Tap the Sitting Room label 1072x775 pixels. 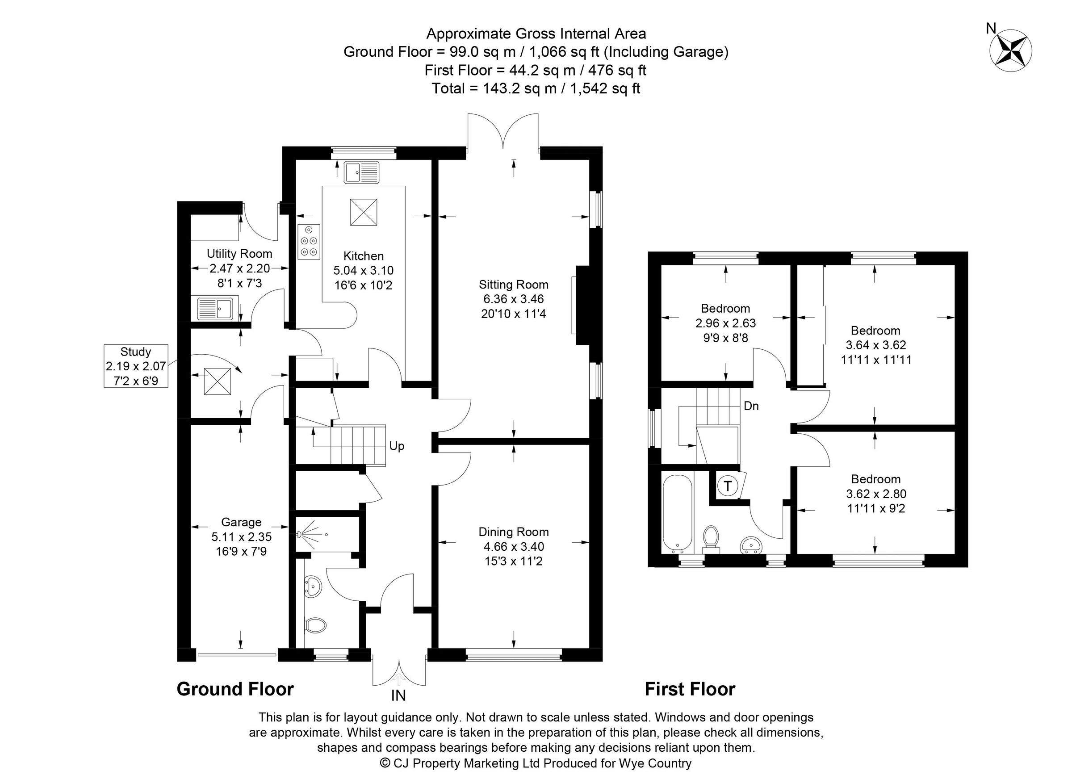point(513,285)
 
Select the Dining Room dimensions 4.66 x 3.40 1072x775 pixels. point(513,547)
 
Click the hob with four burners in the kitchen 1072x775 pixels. point(309,242)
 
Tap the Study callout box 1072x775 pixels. point(136,366)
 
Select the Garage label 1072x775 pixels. point(241,522)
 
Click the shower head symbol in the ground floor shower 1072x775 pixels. point(301,535)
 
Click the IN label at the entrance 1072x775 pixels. point(398,695)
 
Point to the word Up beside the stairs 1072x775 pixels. point(397,446)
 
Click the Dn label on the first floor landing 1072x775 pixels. point(751,406)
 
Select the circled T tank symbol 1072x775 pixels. point(728,486)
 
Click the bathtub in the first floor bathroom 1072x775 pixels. point(678,514)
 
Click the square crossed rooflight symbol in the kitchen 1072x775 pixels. point(364,212)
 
